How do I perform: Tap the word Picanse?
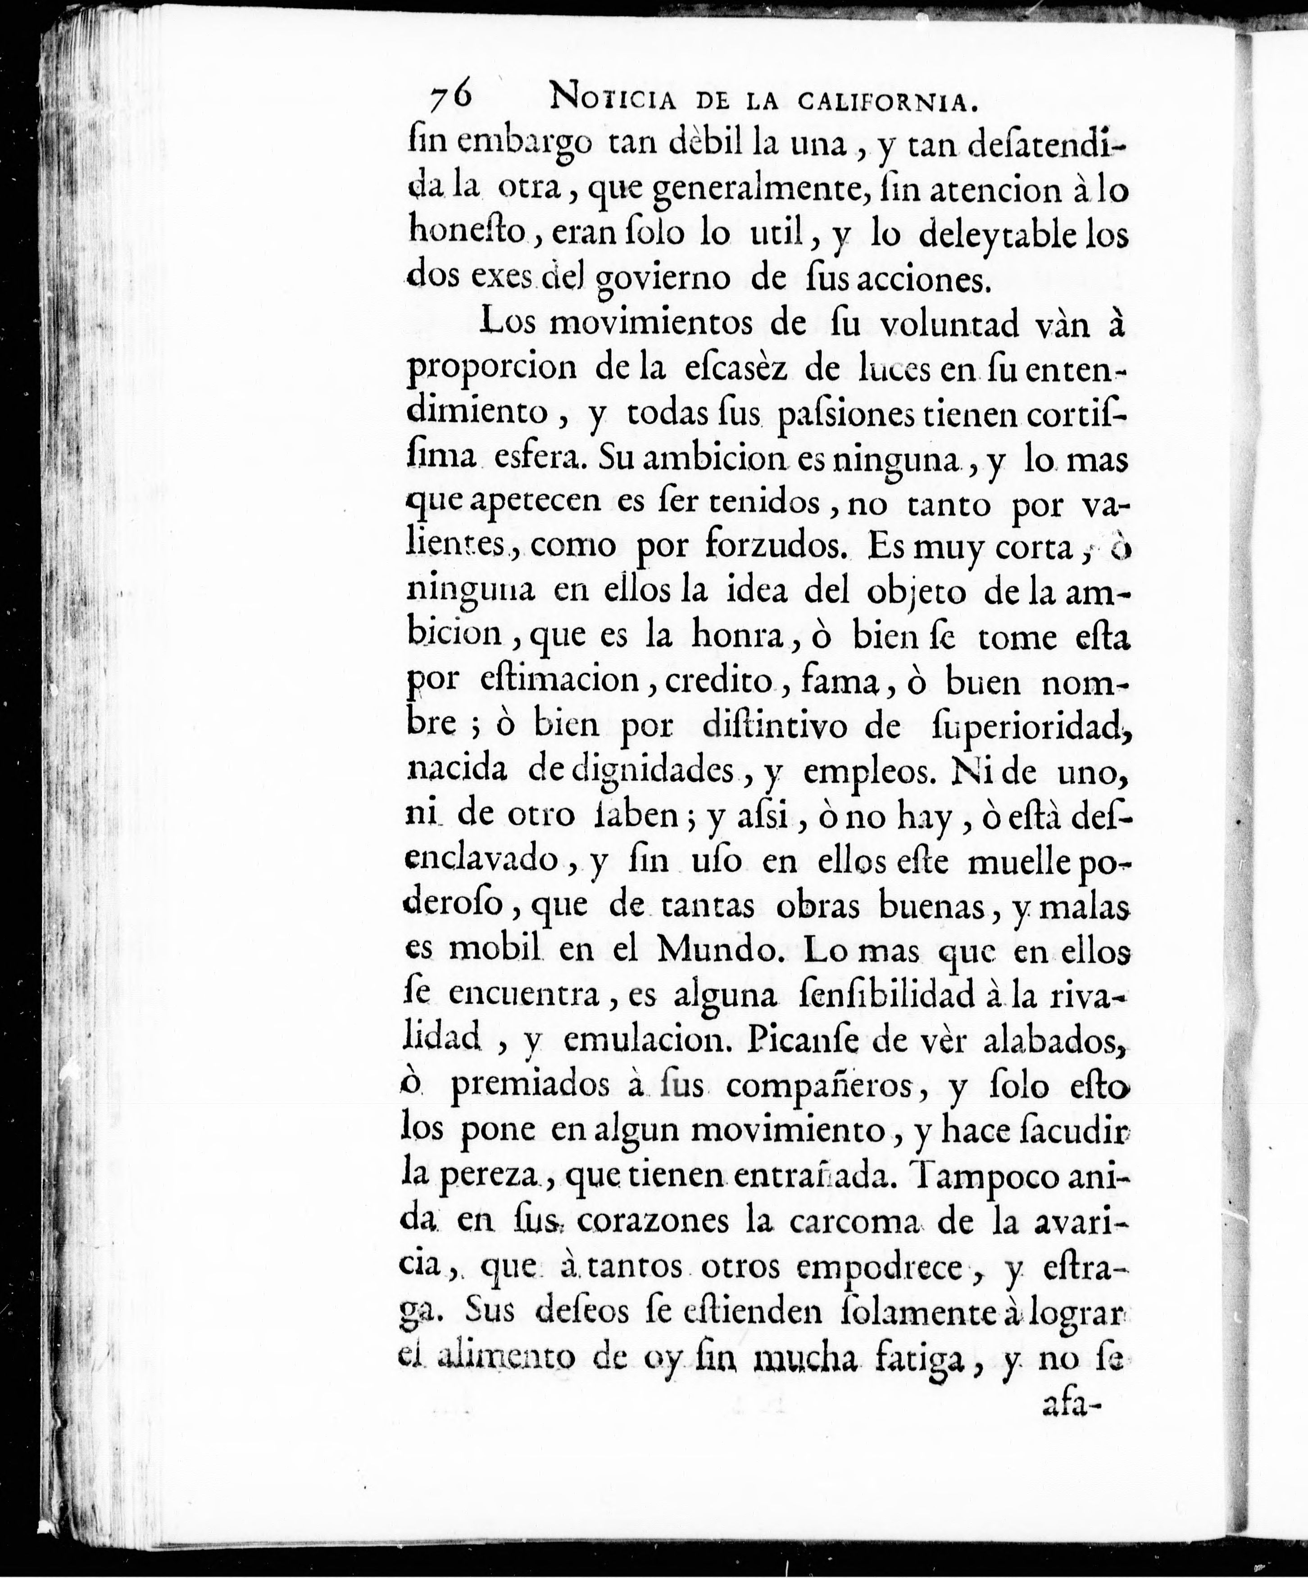click(x=798, y=1038)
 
